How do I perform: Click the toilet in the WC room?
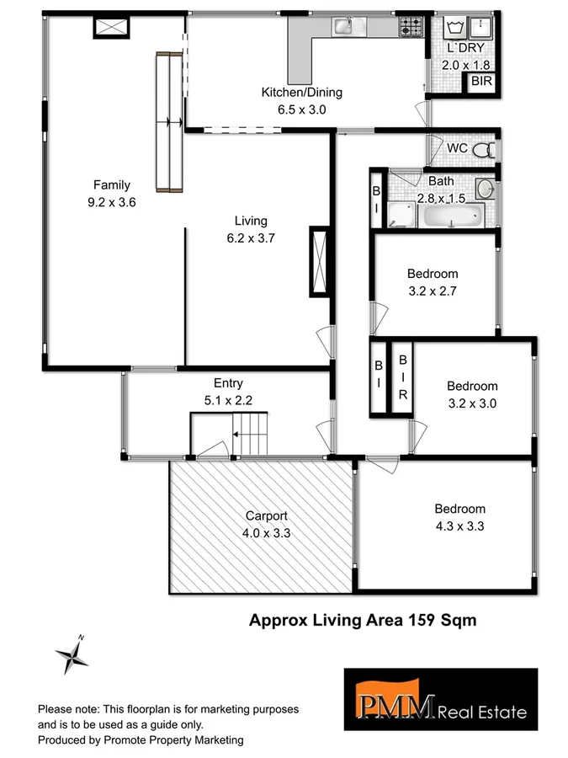[x=483, y=150]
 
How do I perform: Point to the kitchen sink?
[x=346, y=28]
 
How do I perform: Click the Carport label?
[x=266, y=515]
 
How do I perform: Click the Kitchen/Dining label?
[x=302, y=93]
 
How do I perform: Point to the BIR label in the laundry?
[x=481, y=83]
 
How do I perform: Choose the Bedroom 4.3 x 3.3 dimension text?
[x=459, y=526]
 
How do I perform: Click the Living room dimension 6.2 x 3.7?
[x=251, y=238]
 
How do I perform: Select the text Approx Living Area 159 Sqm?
[x=363, y=621]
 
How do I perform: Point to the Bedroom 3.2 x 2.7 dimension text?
[x=433, y=291]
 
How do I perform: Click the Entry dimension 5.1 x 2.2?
[x=228, y=401]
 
